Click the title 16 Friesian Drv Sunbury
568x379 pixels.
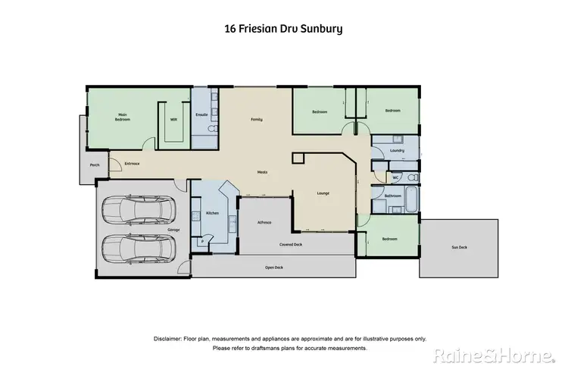pos(283,30)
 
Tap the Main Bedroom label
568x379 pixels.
pos(122,117)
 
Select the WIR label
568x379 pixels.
pos(173,119)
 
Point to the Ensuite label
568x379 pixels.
pos(201,114)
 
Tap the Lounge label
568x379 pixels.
pos(322,193)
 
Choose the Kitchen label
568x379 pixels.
pos(213,213)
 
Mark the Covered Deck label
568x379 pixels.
pos(291,244)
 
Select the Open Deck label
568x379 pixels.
pos(273,268)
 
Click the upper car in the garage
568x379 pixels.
pos(139,210)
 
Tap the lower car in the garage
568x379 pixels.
pos(139,247)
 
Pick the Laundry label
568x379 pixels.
pos(397,150)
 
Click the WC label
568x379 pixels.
pos(395,178)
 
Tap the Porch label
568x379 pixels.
pos(95,165)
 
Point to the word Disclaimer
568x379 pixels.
pos(171,338)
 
